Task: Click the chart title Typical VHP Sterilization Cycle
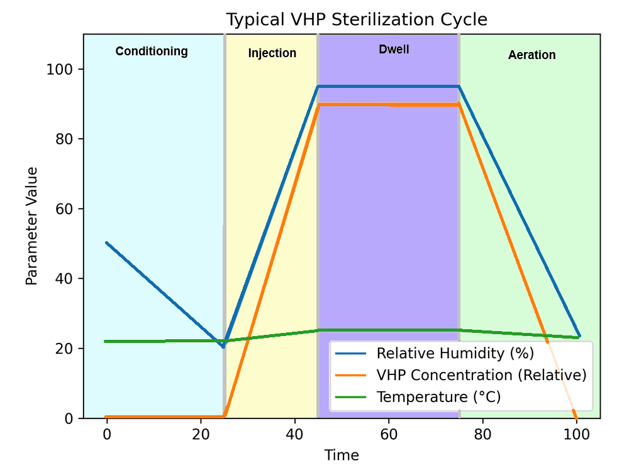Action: (357, 19)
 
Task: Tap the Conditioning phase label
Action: (152, 52)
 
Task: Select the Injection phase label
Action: (272, 53)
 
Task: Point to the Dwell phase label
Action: (394, 50)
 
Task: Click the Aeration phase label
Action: (532, 55)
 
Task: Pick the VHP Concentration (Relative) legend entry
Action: (481, 375)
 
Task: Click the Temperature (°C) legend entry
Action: (438, 397)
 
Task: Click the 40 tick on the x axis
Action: (294, 434)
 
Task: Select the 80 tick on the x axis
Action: (482, 434)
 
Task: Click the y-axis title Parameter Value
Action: (32, 226)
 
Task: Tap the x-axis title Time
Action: (342, 455)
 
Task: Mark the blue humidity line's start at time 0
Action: (107, 242)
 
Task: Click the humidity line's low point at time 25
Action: (223, 346)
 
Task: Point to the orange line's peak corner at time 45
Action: (318, 105)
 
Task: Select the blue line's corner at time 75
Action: (459, 86)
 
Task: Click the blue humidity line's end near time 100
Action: (579, 336)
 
